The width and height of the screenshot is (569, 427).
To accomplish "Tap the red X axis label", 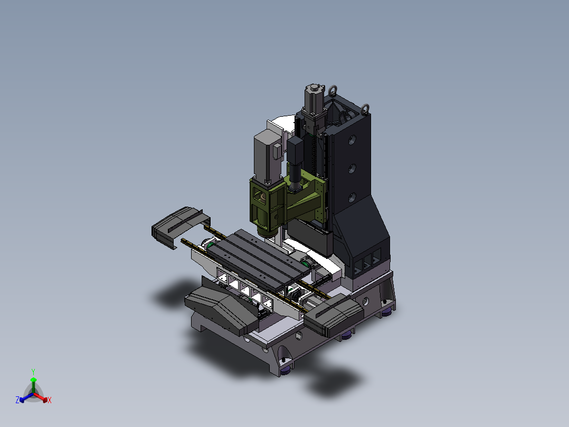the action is pos(50,400).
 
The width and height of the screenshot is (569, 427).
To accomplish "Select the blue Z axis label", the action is pos(17,400).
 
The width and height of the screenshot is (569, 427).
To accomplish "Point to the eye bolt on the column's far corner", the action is pos(365,109).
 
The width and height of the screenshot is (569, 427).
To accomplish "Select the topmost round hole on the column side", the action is pos(352,140).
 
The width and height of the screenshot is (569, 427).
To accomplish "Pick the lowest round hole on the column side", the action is pos(352,198).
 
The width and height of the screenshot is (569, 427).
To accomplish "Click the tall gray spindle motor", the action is pos(268,156).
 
